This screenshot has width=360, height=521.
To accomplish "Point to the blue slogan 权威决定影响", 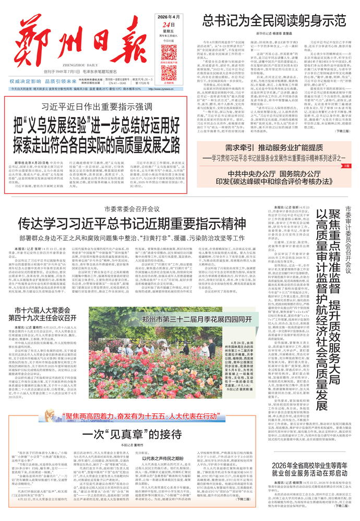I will (26, 82).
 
